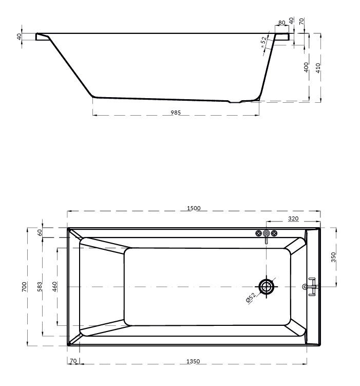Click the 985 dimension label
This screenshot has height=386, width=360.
pos(176,113)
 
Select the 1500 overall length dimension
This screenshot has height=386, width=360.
pos(194,208)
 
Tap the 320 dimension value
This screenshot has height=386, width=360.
pos(293,218)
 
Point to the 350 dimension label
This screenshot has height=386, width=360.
pos(333,257)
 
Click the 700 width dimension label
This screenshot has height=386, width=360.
pos(24,287)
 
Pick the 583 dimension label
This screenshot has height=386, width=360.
pos(40,287)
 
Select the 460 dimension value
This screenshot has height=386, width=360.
pos(54,287)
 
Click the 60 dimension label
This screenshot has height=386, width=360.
pos(40,232)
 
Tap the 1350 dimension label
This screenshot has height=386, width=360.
pos(193,361)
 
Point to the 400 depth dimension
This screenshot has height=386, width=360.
pos(306,67)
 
